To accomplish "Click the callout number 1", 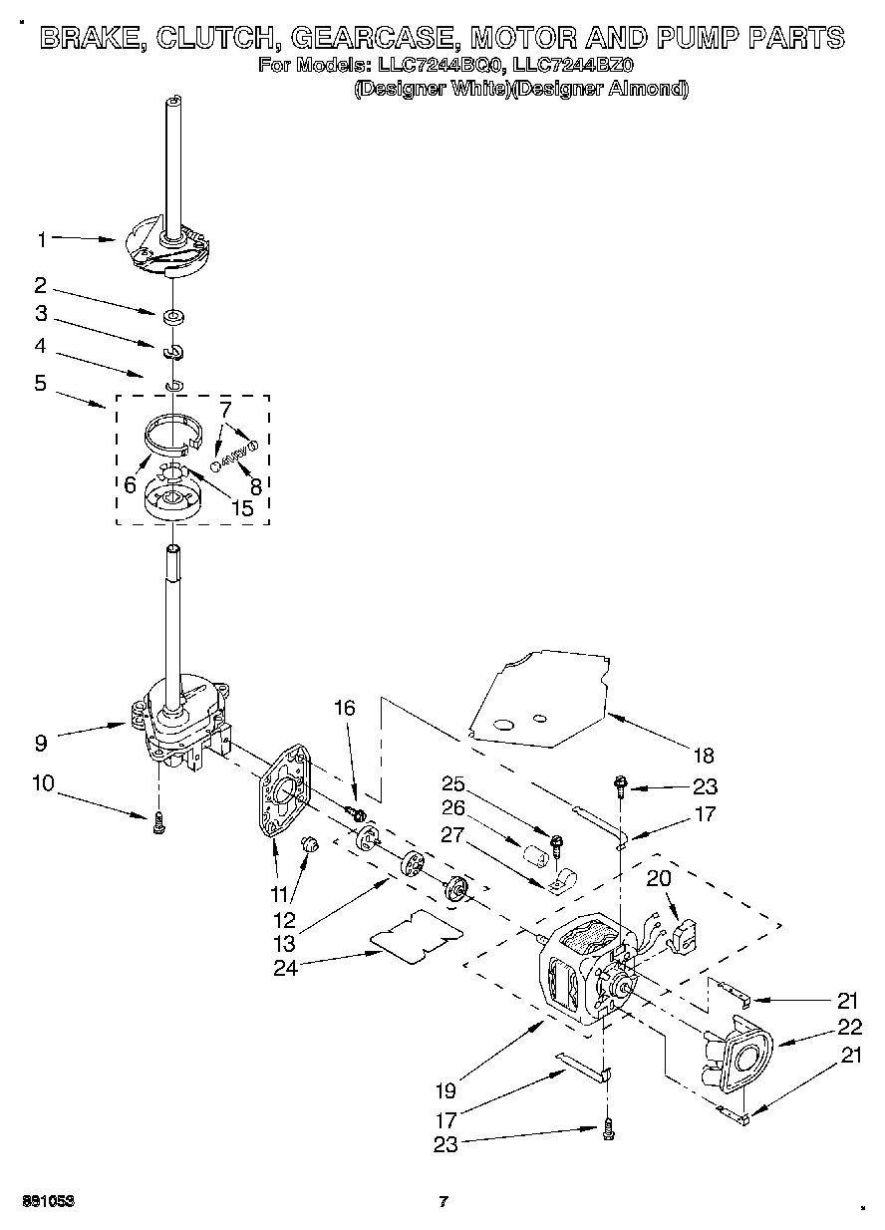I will [x=42, y=239].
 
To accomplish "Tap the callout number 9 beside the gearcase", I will [x=40, y=742].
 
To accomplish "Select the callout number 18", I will [x=705, y=756].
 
